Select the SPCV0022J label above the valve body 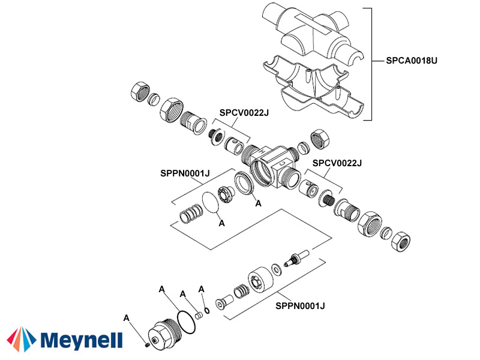click(x=244, y=112)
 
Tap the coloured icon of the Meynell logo click(x=22, y=340)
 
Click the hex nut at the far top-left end click(x=139, y=91)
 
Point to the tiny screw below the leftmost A click(x=147, y=344)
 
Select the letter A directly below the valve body click(x=259, y=203)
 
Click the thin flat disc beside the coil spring click(x=209, y=202)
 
